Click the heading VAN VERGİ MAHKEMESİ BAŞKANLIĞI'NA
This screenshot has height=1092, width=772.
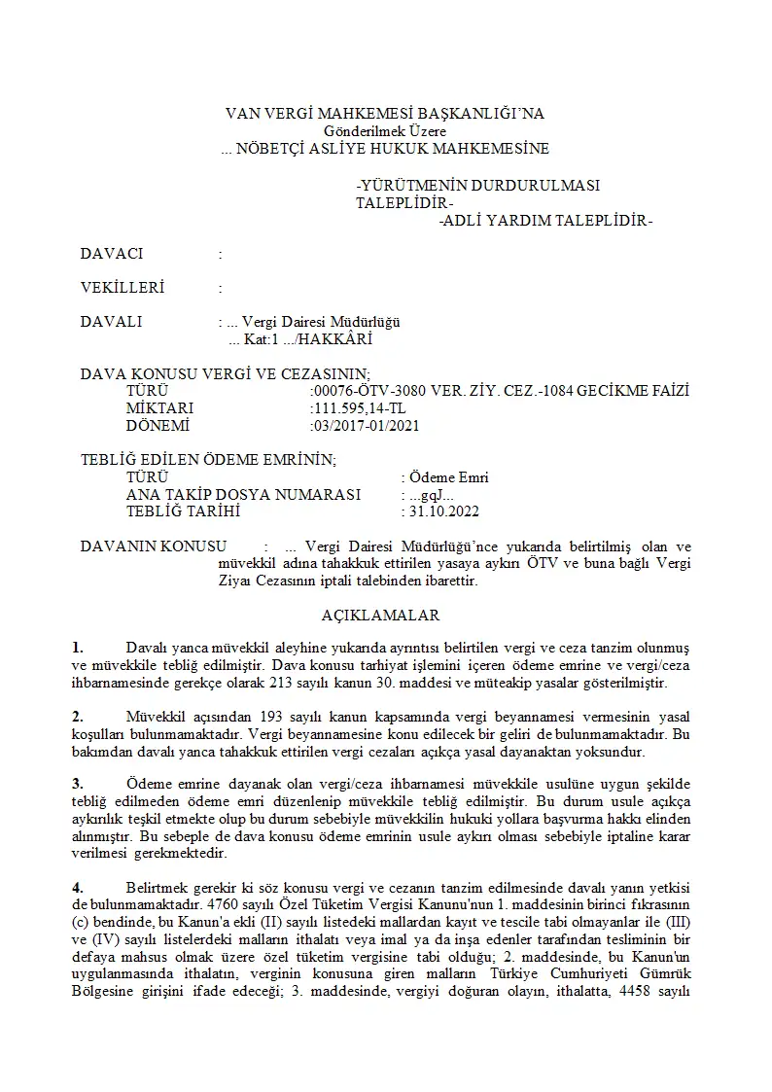[385, 114]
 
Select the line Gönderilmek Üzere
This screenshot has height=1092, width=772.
[385, 131]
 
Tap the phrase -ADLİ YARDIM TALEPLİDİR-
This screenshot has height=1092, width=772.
[545, 221]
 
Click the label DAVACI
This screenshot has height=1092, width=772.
[112, 254]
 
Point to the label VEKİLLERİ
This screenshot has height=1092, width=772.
[123, 288]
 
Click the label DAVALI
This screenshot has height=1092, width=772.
[112, 322]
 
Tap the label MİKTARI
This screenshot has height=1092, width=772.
[159, 408]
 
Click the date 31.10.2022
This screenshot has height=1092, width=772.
[442, 511]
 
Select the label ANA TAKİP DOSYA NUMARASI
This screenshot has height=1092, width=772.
[244, 495]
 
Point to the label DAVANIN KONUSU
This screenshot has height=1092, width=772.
[154, 546]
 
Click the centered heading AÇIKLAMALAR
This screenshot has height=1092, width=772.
[380, 616]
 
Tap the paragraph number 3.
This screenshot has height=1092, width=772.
[78, 783]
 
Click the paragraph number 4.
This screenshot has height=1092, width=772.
[78, 888]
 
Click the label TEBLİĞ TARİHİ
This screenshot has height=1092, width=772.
[183, 511]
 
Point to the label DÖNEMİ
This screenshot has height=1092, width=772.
[158, 426]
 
